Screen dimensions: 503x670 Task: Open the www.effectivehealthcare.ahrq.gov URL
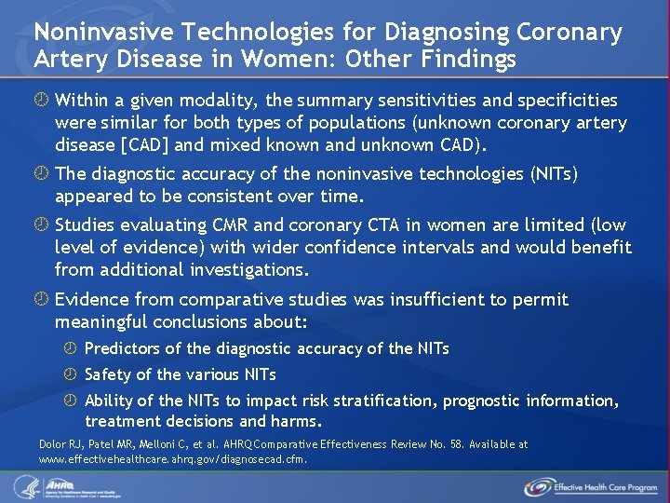tap(173, 458)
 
